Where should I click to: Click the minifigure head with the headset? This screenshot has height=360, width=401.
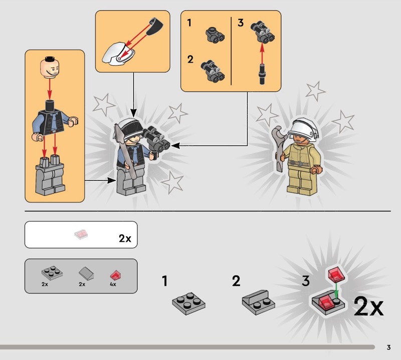pyautogui.click(x=50, y=67)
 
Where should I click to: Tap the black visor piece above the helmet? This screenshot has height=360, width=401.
pyautogui.click(x=155, y=26)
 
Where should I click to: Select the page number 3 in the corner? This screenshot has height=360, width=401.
pyautogui.click(x=389, y=347)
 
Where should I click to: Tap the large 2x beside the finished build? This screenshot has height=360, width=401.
pyautogui.click(x=368, y=306)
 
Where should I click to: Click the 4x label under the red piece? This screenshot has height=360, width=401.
pyautogui.click(x=113, y=284)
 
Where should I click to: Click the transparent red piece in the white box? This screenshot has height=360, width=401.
pyautogui.click(x=81, y=235)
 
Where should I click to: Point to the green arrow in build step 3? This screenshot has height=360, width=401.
pyautogui.click(x=336, y=289)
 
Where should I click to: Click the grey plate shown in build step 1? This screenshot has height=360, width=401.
pyautogui.click(x=189, y=303)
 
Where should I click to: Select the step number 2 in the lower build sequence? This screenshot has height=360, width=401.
pyautogui.click(x=236, y=281)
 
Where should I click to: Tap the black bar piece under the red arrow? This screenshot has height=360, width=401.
pyautogui.click(x=262, y=74)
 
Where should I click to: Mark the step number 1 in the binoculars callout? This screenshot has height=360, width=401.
pyautogui.click(x=189, y=23)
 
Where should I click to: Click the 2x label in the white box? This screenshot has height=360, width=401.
pyautogui.click(x=125, y=239)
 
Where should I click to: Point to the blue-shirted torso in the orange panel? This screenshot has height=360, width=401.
pyautogui.click(x=55, y=122)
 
